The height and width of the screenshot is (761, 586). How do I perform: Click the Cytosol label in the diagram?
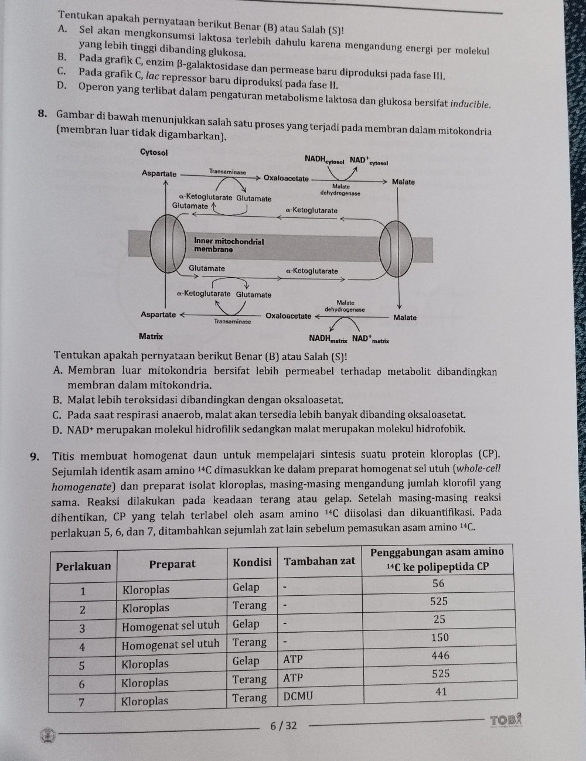point(154,152)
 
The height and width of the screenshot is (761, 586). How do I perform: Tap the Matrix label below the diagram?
point(151,336)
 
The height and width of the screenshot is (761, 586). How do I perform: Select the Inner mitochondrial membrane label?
point(228,245)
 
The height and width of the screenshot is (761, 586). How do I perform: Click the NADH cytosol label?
point(324,159)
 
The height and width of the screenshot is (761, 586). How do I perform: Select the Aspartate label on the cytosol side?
point(159,173)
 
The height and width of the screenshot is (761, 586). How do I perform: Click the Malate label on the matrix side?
point(405,318)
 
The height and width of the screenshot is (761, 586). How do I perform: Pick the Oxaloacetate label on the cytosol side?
point(285,178)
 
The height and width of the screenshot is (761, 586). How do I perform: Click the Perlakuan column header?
point(83,566)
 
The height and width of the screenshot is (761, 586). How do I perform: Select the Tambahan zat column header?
point(319,561)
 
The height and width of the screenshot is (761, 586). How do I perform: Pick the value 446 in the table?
point(440,656)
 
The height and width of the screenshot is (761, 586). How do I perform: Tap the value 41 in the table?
point(441,692)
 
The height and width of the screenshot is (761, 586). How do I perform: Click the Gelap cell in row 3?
point(246,624)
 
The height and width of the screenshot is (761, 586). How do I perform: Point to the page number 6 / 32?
point(284,726)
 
